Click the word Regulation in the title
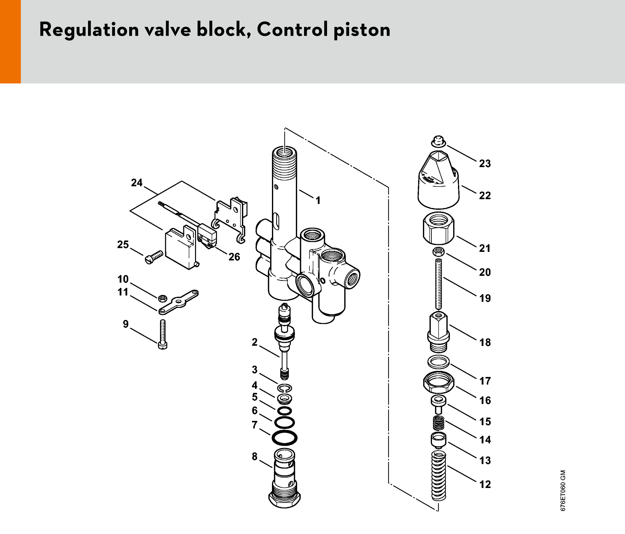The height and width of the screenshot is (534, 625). (x=89, y=30)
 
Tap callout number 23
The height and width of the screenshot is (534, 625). (x=485, y=163)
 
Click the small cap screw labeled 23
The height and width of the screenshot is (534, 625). (x=438, y=141)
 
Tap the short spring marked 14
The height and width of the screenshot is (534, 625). (x=439, y=423)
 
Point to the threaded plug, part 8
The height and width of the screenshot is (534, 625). (x=284, y=478)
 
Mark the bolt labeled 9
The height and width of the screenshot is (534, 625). (x=163, y=334)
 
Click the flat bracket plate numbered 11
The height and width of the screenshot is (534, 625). (x=178, y=302)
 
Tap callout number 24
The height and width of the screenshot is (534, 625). (x=137, y=183)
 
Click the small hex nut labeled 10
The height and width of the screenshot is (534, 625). (x=163, y=298)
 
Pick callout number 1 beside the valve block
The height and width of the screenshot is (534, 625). (x=318, y=200)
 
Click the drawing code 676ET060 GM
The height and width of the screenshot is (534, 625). (x=563, y=490)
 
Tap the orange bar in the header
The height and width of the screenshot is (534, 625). (x=10, y=41)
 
